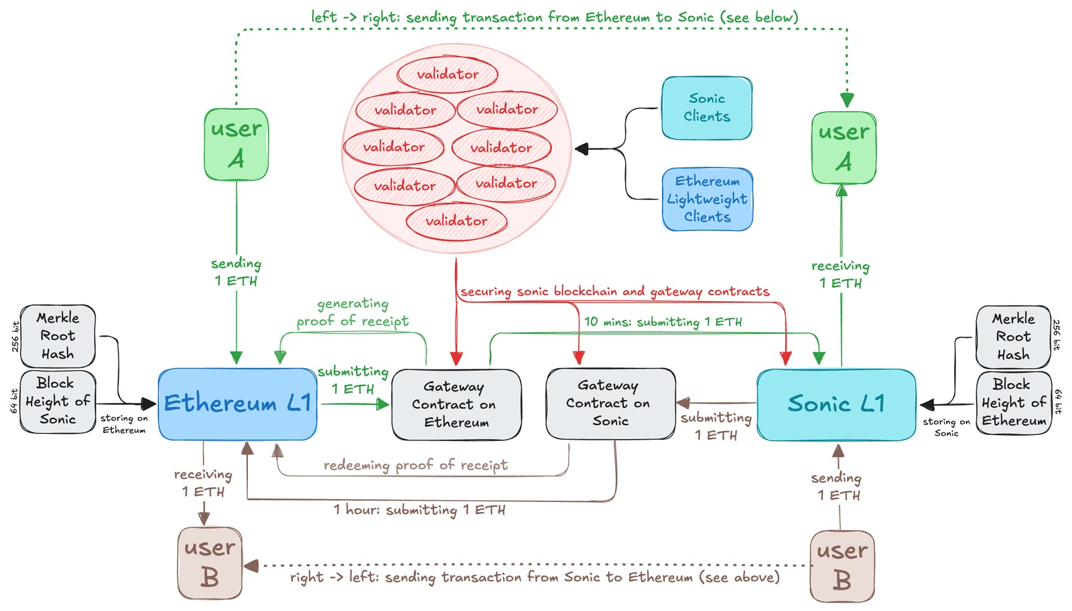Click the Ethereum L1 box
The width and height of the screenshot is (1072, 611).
(237, 404)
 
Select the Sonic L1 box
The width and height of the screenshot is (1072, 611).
(836, 404)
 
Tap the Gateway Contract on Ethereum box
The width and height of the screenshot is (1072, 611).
(456, 404)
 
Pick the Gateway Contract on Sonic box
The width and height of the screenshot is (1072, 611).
(610, 403)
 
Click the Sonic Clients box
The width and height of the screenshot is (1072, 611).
(707, 108)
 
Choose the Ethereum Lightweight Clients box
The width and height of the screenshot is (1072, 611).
(708, 199)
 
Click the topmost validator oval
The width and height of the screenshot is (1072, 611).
(448, 74)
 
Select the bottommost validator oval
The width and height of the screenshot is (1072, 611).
(456, 221)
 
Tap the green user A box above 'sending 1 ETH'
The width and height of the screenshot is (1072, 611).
(236, 145)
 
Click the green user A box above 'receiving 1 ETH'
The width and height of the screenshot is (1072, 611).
(844, 148)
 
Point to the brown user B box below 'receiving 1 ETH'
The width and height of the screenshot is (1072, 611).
(210, 562)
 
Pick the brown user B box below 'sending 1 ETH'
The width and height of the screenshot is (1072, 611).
(842, 566)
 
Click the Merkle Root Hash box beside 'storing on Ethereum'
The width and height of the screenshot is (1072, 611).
(58, 336)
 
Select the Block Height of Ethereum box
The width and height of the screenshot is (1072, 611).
(1013, 403)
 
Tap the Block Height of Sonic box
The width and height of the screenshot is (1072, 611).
(58, 402)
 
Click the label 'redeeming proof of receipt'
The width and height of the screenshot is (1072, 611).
(415, 465)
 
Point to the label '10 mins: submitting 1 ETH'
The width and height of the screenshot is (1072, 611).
(663, 322)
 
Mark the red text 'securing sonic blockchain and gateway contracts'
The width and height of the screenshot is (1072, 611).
(614, 292)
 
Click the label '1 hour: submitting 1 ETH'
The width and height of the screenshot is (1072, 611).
(419, 510)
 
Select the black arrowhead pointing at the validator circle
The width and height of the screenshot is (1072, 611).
(582, 149)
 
